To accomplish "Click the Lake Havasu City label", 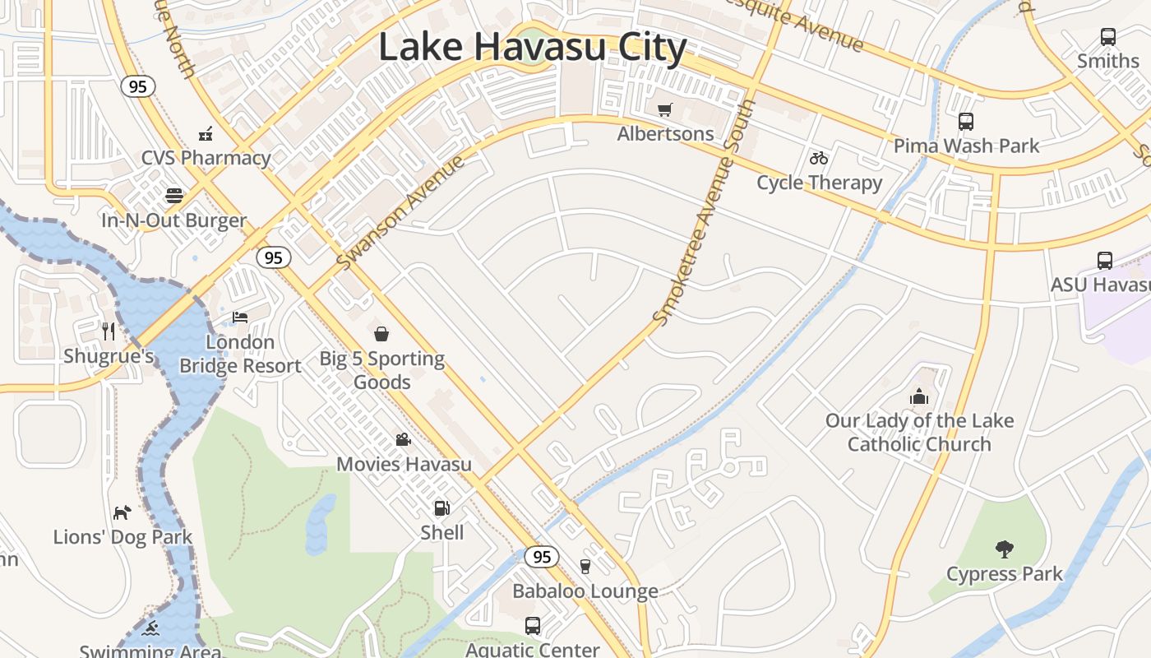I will point(532,47).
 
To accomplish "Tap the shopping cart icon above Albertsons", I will point(665,109).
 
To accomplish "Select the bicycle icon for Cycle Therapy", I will point(818,158).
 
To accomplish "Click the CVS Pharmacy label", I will point(206,158).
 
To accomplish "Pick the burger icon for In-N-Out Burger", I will point(174,196).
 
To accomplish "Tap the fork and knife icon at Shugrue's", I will point(109,331).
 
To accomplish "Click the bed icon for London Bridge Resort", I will point(240,317).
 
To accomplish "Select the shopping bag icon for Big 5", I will point(381,334).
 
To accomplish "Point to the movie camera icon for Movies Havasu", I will point(403,439).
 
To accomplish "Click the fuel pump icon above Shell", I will point(441,508).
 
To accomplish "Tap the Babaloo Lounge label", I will point(585,591).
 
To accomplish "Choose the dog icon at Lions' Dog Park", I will point(122,512).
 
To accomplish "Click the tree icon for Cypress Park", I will point(1004,549).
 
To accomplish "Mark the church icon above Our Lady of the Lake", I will point(919,397).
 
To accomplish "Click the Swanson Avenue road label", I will point(401,211).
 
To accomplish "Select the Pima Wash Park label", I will point(966,146).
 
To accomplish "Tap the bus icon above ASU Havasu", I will point(1105,261).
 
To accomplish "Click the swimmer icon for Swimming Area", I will point(150,628).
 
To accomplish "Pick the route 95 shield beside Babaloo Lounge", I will point(541,557).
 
